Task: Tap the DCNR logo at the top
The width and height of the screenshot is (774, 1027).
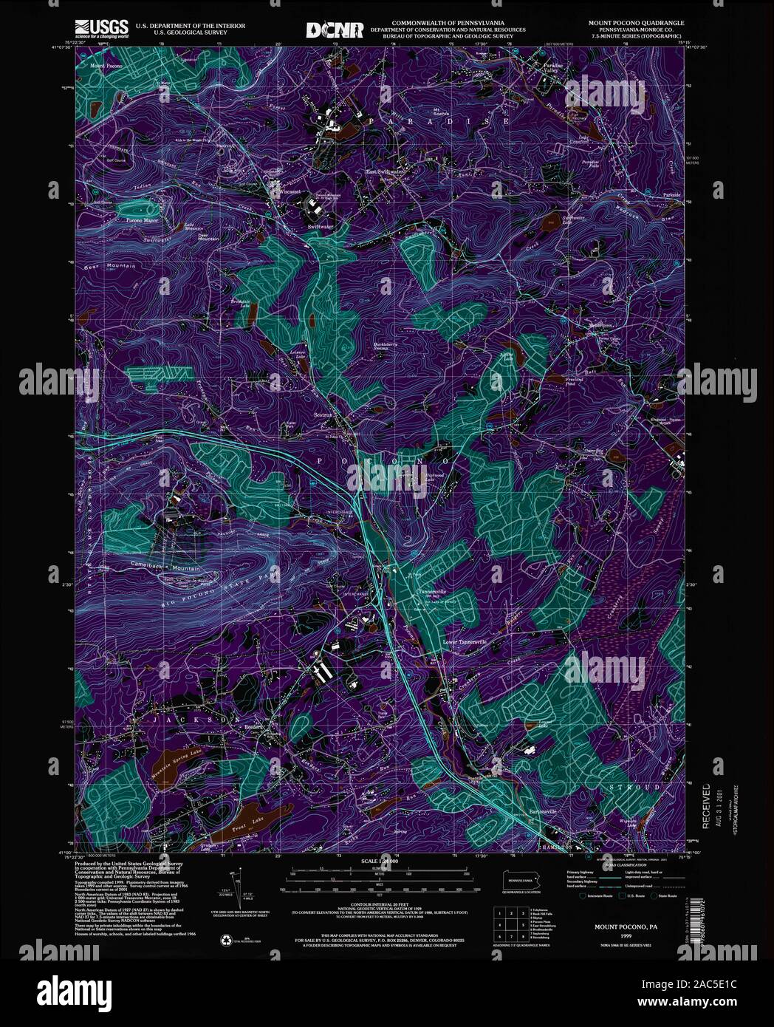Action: [x=335, y=30]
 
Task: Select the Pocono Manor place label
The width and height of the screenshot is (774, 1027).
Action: [x=143, y=220]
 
